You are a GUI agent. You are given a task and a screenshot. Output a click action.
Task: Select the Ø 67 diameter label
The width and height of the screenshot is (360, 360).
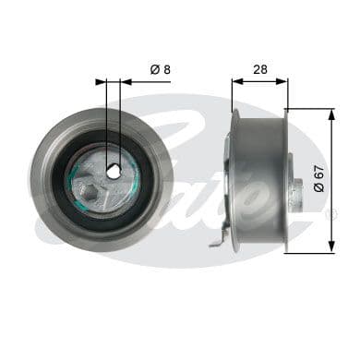tap(319, 179)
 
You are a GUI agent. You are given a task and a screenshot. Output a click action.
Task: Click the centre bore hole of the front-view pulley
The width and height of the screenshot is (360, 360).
tap(113, 171)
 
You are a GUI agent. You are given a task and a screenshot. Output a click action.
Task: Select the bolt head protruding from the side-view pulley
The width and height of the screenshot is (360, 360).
tap(297, 197)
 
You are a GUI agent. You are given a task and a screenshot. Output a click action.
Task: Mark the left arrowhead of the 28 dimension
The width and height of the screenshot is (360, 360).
tap(234, 80)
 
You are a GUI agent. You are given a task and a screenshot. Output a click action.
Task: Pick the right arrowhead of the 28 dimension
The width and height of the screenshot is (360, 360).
tap(284, 80)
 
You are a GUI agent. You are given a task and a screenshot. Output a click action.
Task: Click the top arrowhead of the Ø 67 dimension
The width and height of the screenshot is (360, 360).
tap(331, 113)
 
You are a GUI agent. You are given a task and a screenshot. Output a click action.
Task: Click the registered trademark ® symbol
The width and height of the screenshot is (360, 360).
tap(333, 214)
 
